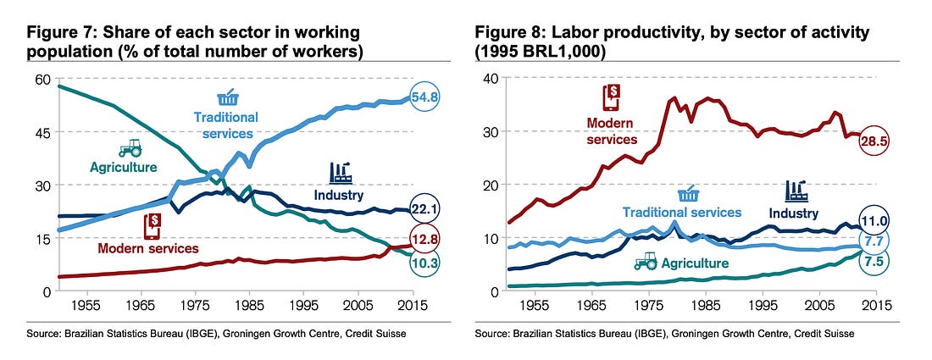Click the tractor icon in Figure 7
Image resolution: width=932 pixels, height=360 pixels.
tap(130, 149)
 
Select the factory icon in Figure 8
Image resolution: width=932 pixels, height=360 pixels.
tap(796, 191)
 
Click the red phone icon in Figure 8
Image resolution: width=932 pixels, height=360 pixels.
tap(610, 97)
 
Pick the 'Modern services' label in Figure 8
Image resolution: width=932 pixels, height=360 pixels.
tap(611, 132)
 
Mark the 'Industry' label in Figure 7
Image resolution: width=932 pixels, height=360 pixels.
tap(340, 196)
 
